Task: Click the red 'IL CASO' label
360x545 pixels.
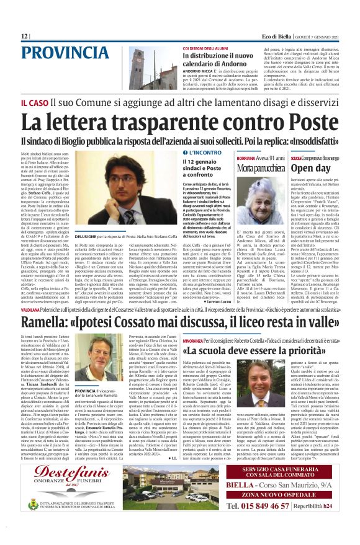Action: [32, 102]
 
